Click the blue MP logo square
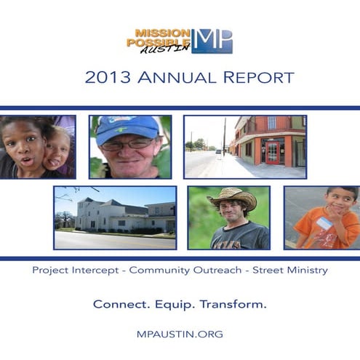click(x=212, y=41)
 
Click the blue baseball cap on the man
click(x=128, y=128)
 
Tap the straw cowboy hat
click(x=231, y=197)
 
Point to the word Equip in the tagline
click(x=178, y=304)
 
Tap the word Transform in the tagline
click(x=235, y=304)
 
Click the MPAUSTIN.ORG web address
click(x=180, y=334)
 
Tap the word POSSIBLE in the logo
click(x=156, y=42)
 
